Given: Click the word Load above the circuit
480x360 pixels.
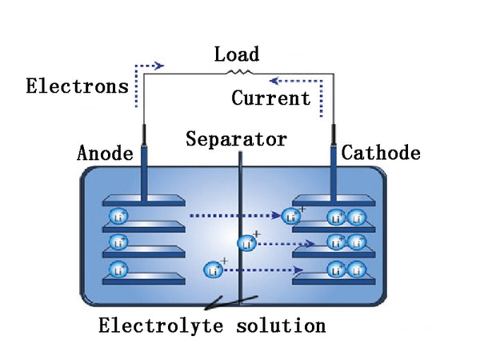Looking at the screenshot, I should pyautogui.click(x=237, y=54).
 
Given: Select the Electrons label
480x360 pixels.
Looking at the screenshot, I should pyautogui.click(x=77, y=86).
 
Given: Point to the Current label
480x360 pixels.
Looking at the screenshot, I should pyautogui.click(x=270, y=98).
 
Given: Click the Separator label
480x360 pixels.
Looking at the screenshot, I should pyautogui.click(x=236, y=140).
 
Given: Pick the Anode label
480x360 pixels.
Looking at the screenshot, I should pyautogui.click(x=105, y=153).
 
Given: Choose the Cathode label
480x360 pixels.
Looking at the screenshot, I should pyautogui.click(x=380, y=153).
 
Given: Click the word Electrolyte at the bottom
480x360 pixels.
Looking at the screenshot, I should pyautogui.click(x=164, y=326).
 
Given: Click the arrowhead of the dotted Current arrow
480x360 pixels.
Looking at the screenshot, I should pyautogui.click(x=272, y=80).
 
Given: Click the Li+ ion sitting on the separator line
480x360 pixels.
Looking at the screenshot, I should pyautogui.click(x=247, y=242).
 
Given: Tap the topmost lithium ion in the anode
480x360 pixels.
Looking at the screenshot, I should pyautogui.click(x=119, y=217).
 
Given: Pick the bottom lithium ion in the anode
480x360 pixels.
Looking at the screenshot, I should pyautogui.click(x=119, y=270).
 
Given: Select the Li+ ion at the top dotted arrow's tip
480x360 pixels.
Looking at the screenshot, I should pyautogui.click(x=291, y=215).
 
